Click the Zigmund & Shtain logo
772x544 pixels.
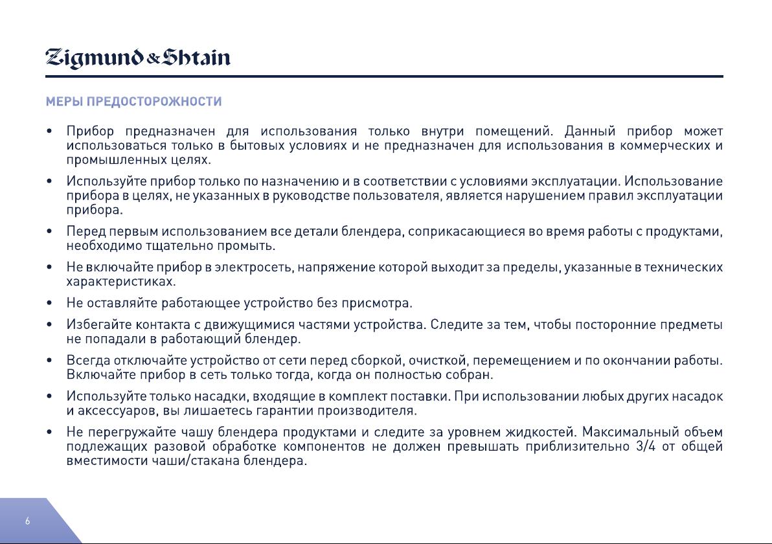pyautogui.click(x=138, y=58)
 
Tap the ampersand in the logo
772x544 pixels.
pyautogui.click(x=153, y=60)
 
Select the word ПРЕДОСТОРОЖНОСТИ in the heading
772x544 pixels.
pyautogui.click(x=154, y=102)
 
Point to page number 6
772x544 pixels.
pyautogui.click(x=28, y=521)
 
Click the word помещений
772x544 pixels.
pyautogui.click(x=514, y=131)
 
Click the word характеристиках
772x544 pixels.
pyautogui.click(x=120, y=282)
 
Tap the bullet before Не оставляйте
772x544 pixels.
pyautogui.click(x=49, y=303)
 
